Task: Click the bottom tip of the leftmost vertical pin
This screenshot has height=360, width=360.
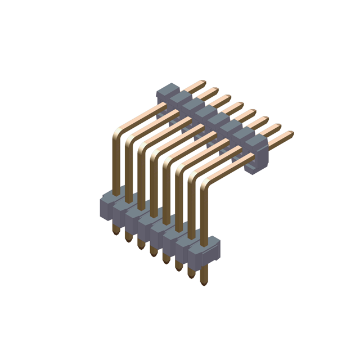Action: click(115, 232)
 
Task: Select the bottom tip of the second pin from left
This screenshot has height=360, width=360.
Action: click(128, 240)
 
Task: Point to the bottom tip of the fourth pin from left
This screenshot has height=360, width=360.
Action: click(153, 255)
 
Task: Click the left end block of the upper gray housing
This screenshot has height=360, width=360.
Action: click(167, 92)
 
